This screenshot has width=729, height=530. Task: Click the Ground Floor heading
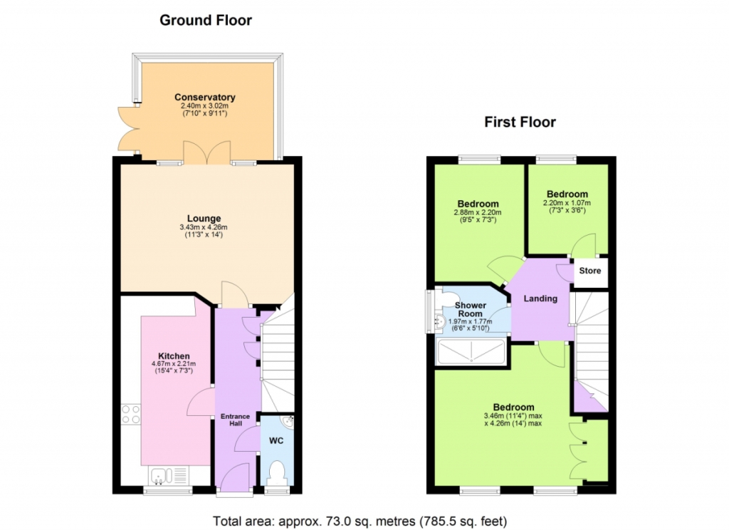[206, 20]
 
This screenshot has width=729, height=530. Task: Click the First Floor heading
[520, 122]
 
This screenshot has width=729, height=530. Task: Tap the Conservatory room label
[204, 98]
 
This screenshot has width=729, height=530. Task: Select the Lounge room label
[204, 218]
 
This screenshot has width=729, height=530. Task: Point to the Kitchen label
[174, 356]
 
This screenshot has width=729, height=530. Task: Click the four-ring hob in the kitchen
[131, 415]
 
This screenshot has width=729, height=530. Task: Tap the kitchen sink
[168, 476]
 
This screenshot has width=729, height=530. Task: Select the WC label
[276, 440]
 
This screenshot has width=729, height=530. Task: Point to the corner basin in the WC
[289, 421]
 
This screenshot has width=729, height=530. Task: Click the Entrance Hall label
[235, 420]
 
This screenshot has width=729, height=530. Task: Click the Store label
[590, 271]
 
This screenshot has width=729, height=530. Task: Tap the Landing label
[540, 298]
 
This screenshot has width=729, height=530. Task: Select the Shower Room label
[471, 309]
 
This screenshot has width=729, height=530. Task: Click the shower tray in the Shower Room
[471, 352]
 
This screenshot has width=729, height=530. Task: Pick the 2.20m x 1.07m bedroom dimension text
[567, 203]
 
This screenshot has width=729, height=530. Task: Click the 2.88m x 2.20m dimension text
[478, 213]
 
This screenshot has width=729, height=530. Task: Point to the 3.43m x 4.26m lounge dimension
[204, 227]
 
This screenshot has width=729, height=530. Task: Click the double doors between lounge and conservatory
[207, 152]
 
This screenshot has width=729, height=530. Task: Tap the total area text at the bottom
[360, 521]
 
